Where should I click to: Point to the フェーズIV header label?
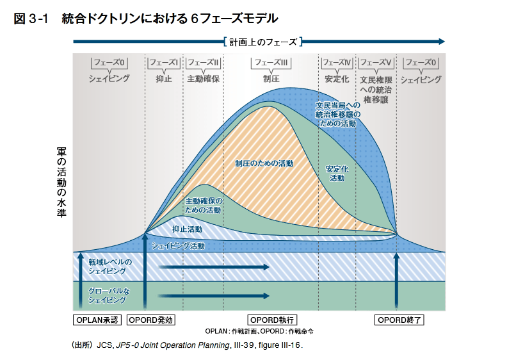tap(337, 63)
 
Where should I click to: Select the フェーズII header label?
tap(203, 63)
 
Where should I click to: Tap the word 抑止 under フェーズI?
tap(164, 79)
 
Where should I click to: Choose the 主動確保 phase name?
tap(203, 79)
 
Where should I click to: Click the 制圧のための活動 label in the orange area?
tap(264, 163)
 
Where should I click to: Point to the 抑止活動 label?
tap(187, 229)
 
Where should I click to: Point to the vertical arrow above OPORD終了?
tap(396, 282)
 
